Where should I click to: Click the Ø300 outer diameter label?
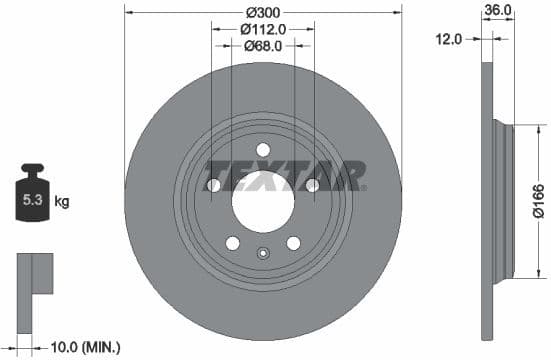[263, 13]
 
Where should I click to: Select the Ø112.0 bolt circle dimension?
[263, 29]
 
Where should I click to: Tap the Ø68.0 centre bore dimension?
[263, 45]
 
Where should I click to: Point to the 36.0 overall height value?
[497, 9]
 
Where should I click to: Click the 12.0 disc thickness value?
[449, 39]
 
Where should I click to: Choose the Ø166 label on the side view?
[538, 198]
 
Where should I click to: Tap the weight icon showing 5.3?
[33, 197]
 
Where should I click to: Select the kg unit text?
[62, 202]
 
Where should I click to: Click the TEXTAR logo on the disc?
[284, 175]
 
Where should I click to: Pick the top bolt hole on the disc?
[263, 150]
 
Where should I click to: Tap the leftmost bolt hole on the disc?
[213, 186]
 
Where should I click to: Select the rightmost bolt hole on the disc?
[312, 186]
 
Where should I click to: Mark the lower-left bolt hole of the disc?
[232, 243]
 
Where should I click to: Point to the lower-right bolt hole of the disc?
[293, 243]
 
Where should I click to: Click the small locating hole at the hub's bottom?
[263, 253]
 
